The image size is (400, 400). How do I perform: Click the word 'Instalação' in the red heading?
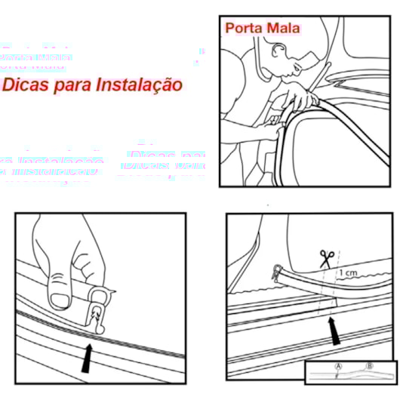[140, 85]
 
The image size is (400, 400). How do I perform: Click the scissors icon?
[327, 258]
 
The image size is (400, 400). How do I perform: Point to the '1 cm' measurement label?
[348, 272]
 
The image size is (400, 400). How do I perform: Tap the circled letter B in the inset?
[370, 366]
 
